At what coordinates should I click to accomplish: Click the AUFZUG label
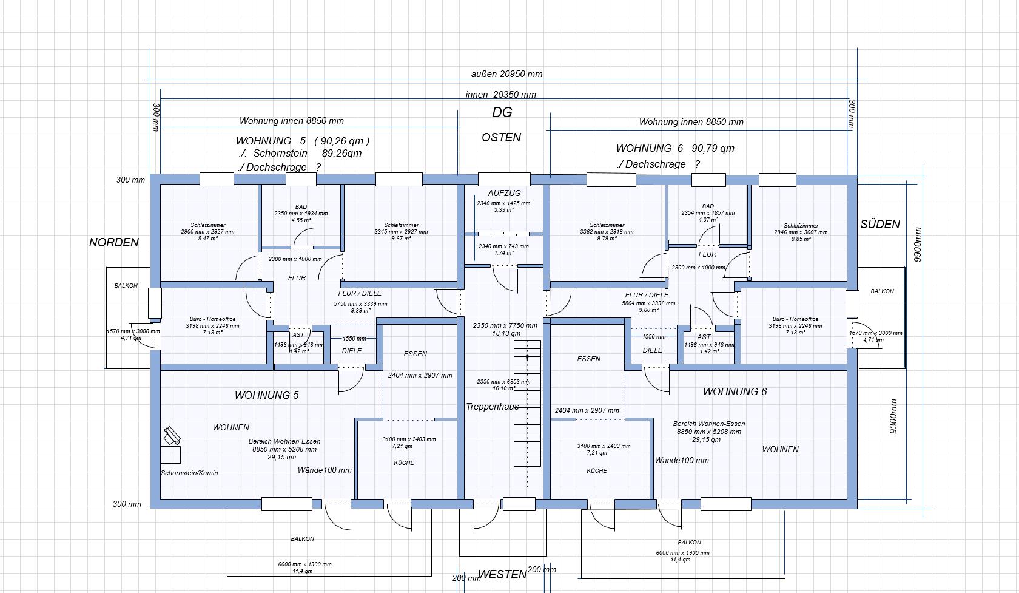(x=504, y=193)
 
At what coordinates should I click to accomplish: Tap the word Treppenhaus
(x=492, y=407)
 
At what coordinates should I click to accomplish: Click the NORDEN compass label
(x=114, y=243)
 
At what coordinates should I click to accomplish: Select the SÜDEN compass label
(x=879, y=225)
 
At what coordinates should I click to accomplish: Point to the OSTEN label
(x=501, y=138)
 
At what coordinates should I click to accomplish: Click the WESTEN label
(x=502, y=575)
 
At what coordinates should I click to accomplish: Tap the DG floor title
(x=502, y=112)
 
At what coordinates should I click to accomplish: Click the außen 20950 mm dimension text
(x=506, y=74)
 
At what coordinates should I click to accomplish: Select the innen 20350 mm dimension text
(x=500, y=95)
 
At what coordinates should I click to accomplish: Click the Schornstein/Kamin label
(x=189, y=473)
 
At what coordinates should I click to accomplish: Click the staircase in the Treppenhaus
(x=527, y=403)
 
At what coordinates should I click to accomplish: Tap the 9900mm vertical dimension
(x=918, y=245)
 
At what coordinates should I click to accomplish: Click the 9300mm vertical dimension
(x=893, y=416)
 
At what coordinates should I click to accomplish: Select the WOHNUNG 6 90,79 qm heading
(x=675, y=148)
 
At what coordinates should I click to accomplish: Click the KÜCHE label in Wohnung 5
(x=404, y=463)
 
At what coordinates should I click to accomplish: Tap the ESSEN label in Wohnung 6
(x=588, y=359)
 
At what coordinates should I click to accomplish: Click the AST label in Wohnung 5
(x=298, y=334)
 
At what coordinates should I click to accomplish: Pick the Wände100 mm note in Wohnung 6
(x=682, y=460)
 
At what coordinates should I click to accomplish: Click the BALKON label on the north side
(x=126, y=285)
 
